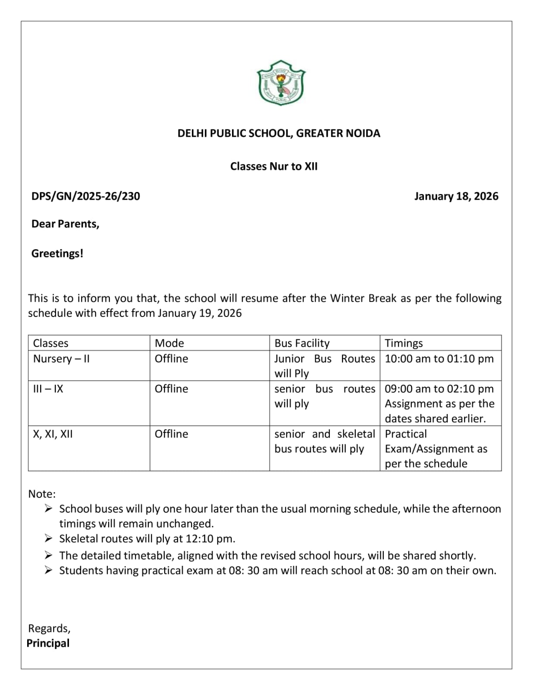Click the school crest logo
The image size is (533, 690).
pos(281,83)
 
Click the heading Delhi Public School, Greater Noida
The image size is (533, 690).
pos(279,133)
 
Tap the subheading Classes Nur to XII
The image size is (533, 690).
pos(274,166)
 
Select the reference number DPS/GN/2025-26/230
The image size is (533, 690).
pos(85,196)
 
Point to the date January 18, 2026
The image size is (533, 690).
pos(456,196)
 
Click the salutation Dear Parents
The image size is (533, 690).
pos(65,224)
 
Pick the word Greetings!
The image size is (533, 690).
pos(57,254)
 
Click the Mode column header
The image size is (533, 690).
pos(169,343)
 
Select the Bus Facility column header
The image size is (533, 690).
pos(302,343)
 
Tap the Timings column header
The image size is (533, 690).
pos(404,343)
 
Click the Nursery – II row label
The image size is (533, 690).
pos(61,359)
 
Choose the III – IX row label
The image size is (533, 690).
pos(48,389)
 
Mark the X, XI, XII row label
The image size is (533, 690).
pos(53,434)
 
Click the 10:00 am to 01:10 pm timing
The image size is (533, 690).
pos(439,359)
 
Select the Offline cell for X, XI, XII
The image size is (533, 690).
pos(171,434)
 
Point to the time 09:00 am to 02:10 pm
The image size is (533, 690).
pos(439,389)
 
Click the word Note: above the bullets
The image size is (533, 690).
pos(42,494)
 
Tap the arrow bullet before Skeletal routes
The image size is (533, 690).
pos(48,539)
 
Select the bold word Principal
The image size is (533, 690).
pos(48,643)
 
